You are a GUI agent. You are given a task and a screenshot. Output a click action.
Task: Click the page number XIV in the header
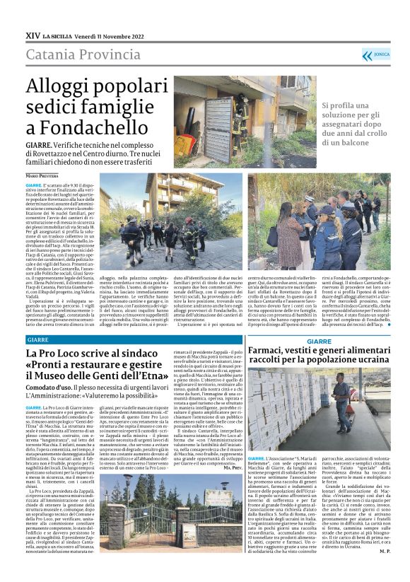33,35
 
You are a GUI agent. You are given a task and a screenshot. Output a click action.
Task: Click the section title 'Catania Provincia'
85,55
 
